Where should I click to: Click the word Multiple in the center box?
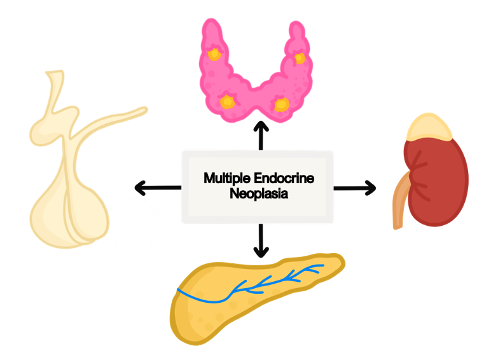click(224, 179)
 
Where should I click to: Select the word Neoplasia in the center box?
click(258, 193)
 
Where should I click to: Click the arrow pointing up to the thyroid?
click(260, 135)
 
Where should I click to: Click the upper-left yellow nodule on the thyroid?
click(214, 53)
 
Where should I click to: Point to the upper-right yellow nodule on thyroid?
click(300, 59)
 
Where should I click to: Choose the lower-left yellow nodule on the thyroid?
click(227, 100)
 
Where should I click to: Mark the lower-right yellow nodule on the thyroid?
click(281, 103)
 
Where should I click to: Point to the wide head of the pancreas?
click(194, 312)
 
